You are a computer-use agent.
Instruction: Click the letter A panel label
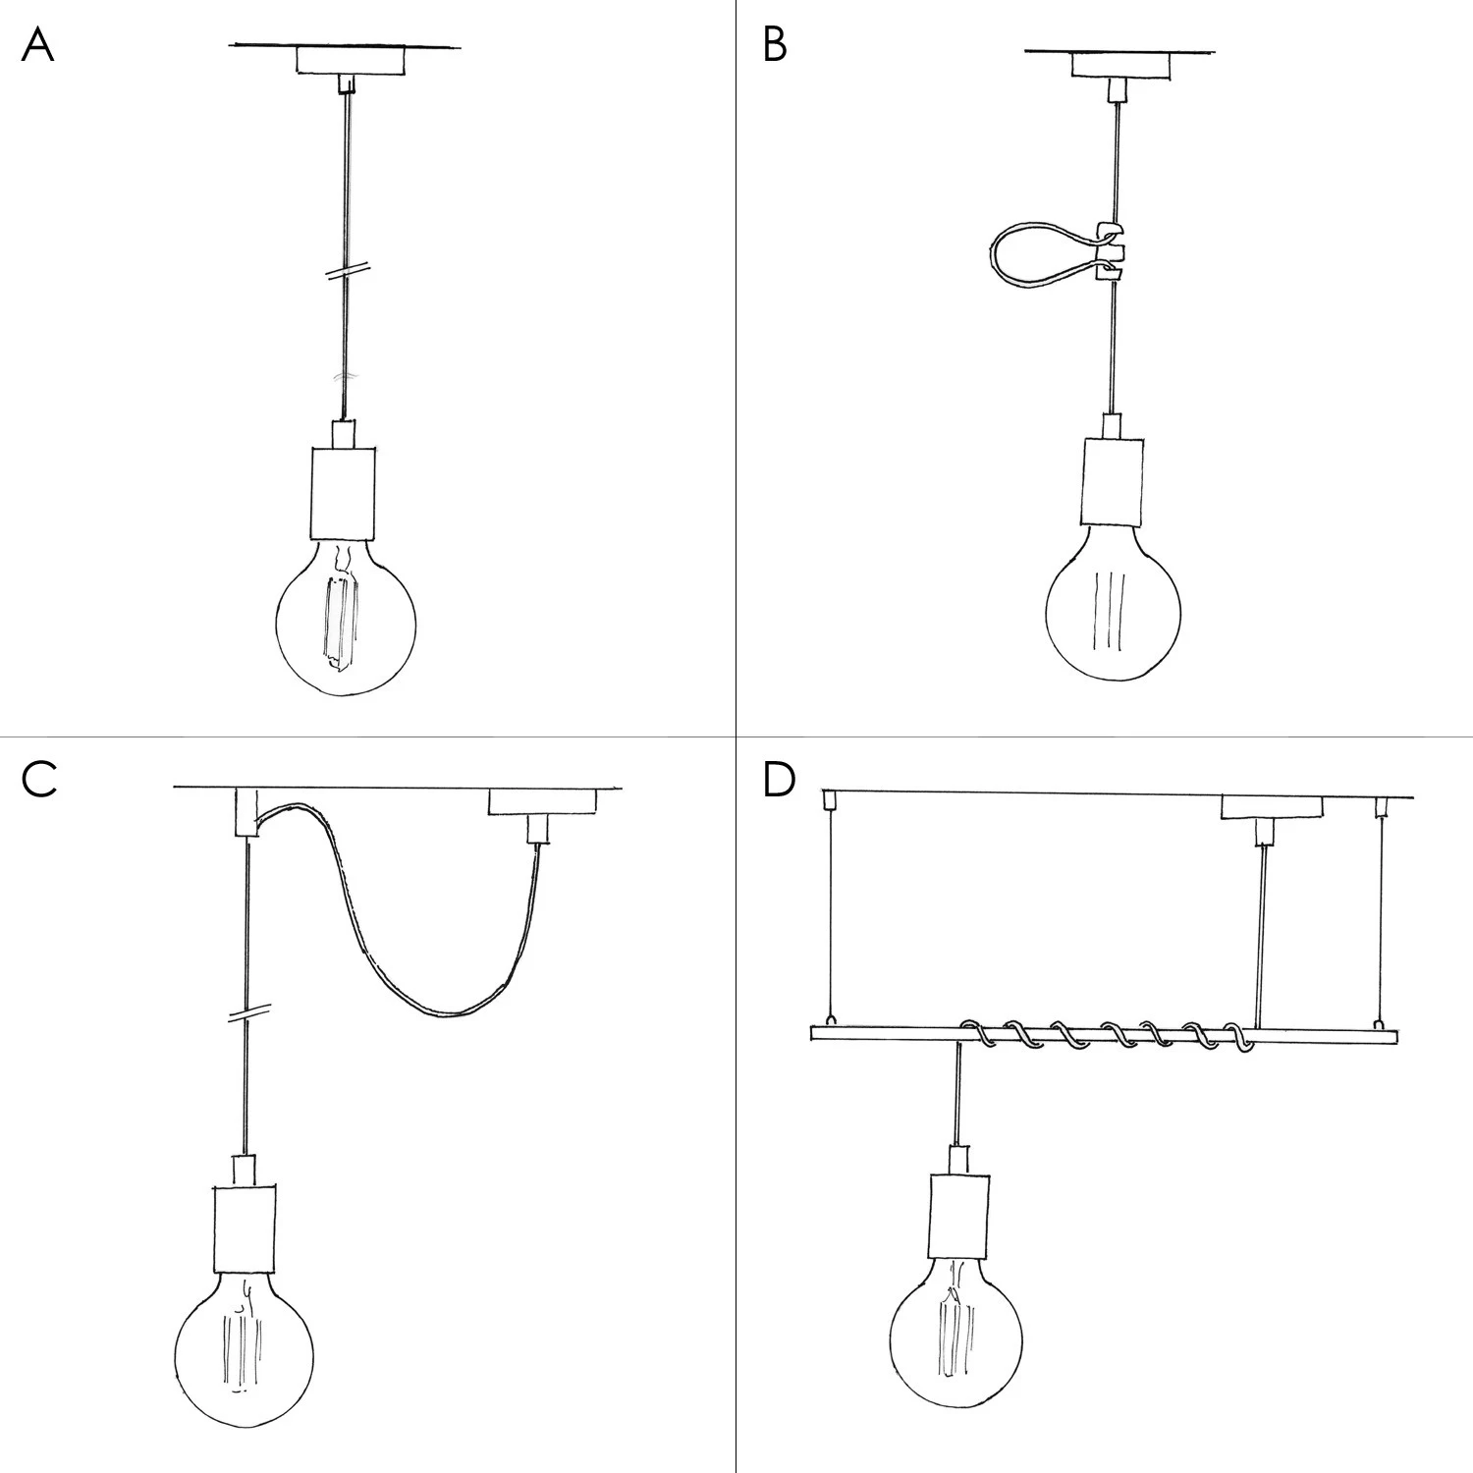[37, 45]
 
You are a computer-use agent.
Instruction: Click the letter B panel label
[775, 45]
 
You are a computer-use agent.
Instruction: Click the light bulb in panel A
[345, 619]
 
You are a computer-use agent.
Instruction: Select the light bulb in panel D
[955, 1340]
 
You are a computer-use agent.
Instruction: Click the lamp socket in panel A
[344, 491]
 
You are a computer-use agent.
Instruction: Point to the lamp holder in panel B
[1113, 481]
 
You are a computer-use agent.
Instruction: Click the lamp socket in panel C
[244, 1227]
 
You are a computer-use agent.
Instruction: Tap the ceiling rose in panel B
[1120, 65]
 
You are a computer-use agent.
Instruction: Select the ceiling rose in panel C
[542, 801]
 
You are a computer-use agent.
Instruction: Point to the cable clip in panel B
[1110, 251]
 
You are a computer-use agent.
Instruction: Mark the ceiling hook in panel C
[245, 811]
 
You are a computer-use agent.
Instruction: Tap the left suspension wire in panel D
[832, 913]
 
